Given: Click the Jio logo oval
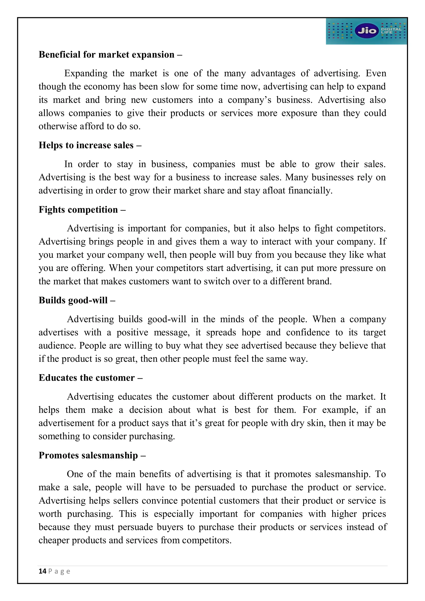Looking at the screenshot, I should pyautogui.click(x=367, y=31).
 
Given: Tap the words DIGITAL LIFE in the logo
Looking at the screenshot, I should pyautogui.click(x=391, y=31).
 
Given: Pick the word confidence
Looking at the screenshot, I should pyautogui.click(x=308, y=332).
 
